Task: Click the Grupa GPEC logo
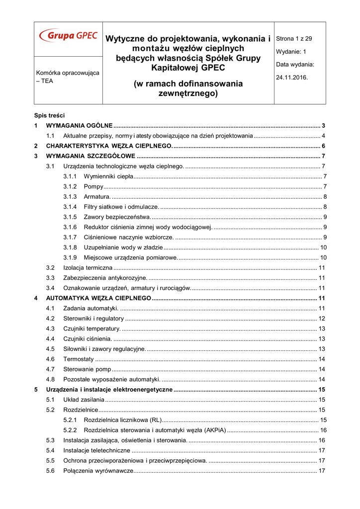point(68,36)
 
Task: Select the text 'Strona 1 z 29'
point(294,38)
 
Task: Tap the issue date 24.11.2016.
point(292,78)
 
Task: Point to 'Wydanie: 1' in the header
point(291,51)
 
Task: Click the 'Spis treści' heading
point(49,115)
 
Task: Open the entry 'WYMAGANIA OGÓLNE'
point(79,126)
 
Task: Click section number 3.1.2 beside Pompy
point(70,186)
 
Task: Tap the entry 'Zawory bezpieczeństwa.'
point(117,217)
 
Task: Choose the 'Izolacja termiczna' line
point(88,268)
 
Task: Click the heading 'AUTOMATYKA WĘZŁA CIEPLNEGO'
point(98,298)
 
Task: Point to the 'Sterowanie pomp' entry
point(87,369)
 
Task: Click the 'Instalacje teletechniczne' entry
point(97,450)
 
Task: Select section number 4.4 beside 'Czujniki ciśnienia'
point(50,339)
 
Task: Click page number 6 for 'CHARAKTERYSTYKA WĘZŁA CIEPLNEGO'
point(324,146)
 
